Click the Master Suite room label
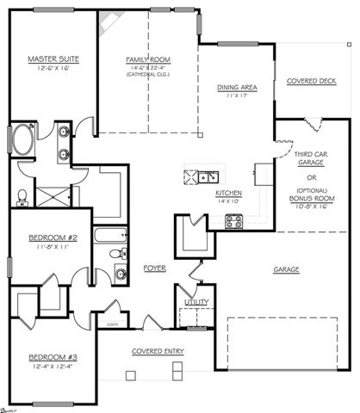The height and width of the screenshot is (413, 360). pyautogui.click(x=53, y=59)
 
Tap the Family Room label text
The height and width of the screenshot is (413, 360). pyautogui.click(x=148, y=59)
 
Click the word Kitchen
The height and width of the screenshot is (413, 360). pyautogui.click(x=228, y=194)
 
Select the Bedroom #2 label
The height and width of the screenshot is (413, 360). pyautogui.click(x=53, y=237)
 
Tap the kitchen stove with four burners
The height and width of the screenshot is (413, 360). pyautogui.click(x=233, y=222)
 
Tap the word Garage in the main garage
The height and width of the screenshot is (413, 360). pyautogui.click(x=287, y=269)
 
